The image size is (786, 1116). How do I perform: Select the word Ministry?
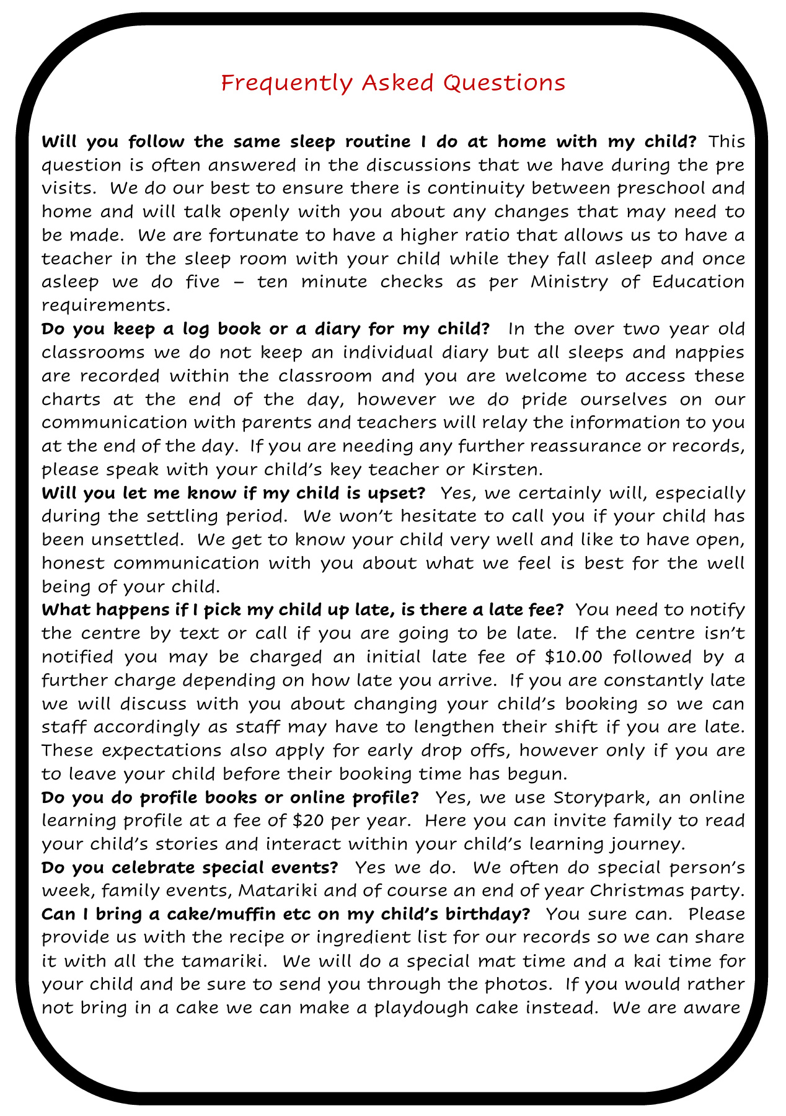[576, 282]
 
